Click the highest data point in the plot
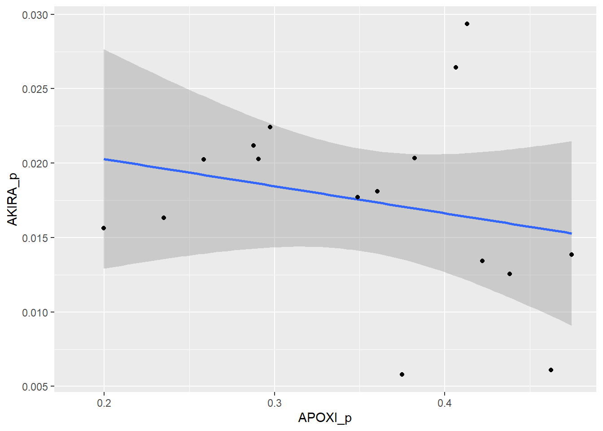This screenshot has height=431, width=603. point(467,24)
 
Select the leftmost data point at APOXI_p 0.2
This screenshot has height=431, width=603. point(104,228)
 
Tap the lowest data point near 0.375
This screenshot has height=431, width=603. point(402,374)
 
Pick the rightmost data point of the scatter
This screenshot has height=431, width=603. point(572,255)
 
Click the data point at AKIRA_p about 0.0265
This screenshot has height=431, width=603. point(456,67)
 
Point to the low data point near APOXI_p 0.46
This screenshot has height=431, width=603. point(551,370)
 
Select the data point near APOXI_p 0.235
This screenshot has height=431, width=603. point(164,218)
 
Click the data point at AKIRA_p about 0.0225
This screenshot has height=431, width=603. point(270,127)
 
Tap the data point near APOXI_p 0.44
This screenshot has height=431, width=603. point(510,274)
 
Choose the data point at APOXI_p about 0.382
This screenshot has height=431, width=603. point(415,158)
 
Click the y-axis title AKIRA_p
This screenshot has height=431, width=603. point(13,200)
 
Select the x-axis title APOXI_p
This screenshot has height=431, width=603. point(325,418)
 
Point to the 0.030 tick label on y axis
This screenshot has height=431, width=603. point(35,15)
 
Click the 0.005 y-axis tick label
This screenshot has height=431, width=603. point(35,387)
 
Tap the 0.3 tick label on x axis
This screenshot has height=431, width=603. point(274,403)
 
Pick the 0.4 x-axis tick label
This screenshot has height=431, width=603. point(445,403)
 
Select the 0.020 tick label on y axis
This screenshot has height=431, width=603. point(35,163)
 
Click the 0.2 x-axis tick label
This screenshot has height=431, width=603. point(104,403)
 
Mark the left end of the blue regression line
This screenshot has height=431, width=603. point(105,159)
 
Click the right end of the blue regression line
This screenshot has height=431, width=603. point(571,233)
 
